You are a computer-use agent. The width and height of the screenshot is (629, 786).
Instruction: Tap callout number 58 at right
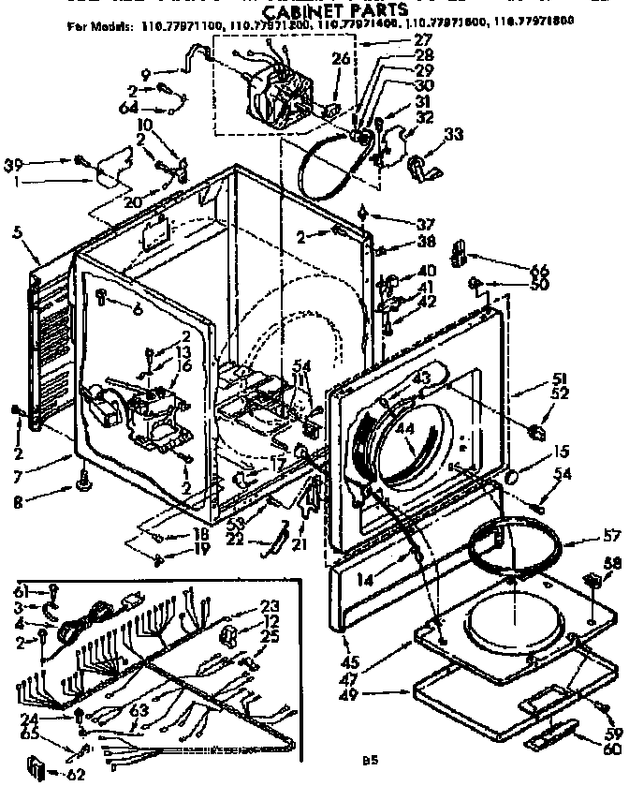(x=611, y=563)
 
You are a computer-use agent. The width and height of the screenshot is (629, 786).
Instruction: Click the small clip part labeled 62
(x=37, y=767)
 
